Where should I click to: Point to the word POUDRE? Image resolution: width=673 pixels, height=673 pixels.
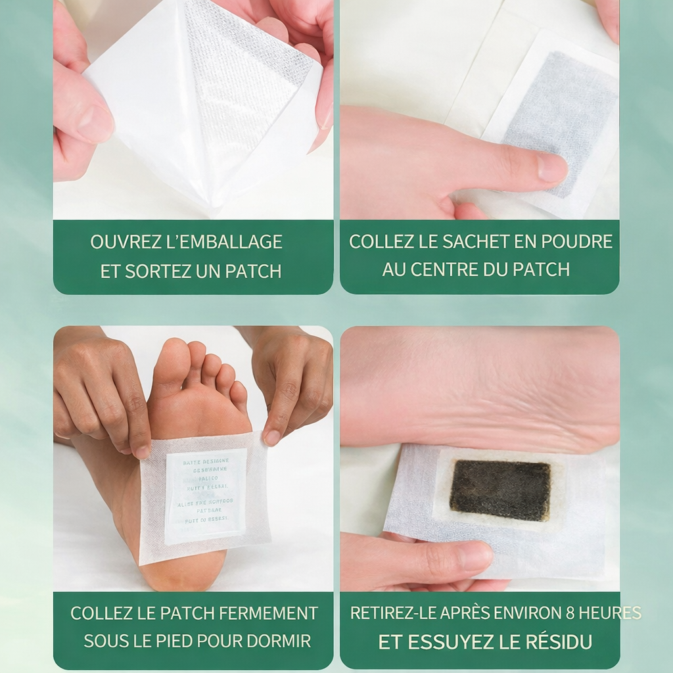tap(579, 241)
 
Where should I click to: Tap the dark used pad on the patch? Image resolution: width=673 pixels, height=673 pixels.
tap(500, 490)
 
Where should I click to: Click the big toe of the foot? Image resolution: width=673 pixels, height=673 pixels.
tap(170, 365)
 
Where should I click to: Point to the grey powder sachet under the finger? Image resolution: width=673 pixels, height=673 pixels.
tap(559, 112)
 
